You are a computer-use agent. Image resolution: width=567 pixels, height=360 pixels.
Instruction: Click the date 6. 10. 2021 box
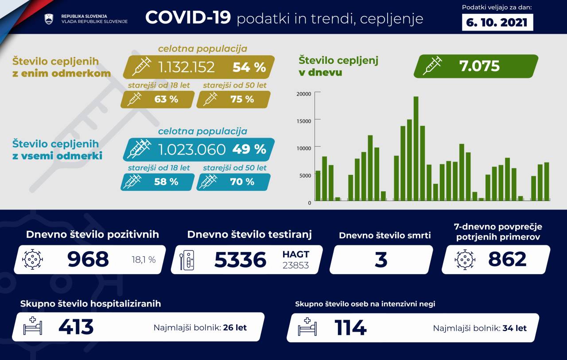pyautogui.click(x=497, y=22)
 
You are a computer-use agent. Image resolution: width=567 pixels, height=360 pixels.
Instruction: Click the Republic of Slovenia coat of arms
pyautogui.click(x=49, y=19)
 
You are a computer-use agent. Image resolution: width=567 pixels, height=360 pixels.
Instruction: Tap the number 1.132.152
pyautogui.click(x=186, y=67)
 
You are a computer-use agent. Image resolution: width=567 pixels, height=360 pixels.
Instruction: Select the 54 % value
pyautogui.click(x=249, y=67)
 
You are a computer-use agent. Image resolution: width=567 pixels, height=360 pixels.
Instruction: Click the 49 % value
pyautogui.click(x=249, y=149)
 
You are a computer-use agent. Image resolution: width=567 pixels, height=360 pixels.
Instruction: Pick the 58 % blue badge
pyautogui.click(x=158, y=182)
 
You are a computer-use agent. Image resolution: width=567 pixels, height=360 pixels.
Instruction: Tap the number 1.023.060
pyautogui.click(x=192, y=149)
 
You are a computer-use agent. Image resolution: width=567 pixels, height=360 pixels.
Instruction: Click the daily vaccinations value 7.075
pyautogui.click(x=479, y=66)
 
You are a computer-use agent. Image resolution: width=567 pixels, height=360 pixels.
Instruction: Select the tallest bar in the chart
pyautogui.click(x=416, y=148)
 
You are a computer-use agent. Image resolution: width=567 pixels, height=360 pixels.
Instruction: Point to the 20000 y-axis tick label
pyautogui.click(x=303, y=93)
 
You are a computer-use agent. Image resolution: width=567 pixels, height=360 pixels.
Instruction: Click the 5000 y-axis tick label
pyautogui.click(x=305, y=175)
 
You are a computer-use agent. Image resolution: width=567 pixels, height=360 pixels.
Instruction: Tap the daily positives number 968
pyautogui.click(x=88, y=259)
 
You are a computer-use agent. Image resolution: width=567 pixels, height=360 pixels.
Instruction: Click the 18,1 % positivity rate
pyautogui.click(x=144, y=260)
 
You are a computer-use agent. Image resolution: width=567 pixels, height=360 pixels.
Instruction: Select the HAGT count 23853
pyautogui.click(x=295, y=265)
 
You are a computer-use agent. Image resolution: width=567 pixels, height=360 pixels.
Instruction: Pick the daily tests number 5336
pyautogui.click(x=240, y=260)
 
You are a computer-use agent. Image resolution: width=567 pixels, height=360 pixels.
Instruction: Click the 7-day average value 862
pyautogui.click(x=507, y=259)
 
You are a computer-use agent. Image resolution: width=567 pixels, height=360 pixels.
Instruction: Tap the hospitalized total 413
pyautogui.click(x=76, y=327)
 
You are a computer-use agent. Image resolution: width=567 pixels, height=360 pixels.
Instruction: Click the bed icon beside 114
pyautogui.click(x=307, y=327)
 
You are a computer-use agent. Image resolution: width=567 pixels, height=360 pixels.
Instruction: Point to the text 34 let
pyautogui.click(x=514, y=328)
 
